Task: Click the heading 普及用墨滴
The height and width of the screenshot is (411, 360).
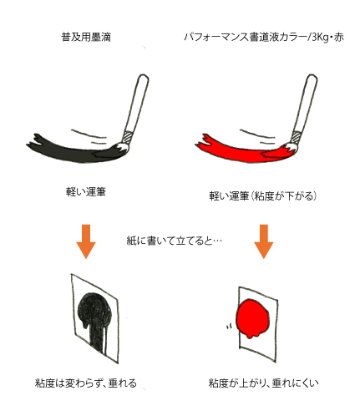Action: tap(86, 38)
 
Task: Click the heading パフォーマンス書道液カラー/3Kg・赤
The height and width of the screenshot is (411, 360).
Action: tap(264, 38)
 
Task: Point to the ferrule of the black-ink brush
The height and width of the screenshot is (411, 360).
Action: tap(129, 137)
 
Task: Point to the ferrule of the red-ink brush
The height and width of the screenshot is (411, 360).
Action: tap(297, 137)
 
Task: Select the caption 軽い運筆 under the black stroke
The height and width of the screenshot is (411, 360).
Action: tap(86, 192)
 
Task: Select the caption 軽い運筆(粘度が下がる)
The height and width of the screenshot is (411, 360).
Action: tap(263, 196)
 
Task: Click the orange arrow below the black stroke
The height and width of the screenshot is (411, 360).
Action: tap(86, 241)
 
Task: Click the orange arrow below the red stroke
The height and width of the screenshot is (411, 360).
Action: tap(264, 241)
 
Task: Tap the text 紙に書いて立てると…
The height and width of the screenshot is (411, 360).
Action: tap(175, 241)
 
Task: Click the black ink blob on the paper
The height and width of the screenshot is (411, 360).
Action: tap(94, 309)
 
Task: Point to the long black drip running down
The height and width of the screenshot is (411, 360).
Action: tap(98, 337)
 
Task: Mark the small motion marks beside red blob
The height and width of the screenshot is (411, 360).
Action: tap(229, 327)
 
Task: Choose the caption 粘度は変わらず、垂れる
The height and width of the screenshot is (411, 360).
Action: tap(86, 383)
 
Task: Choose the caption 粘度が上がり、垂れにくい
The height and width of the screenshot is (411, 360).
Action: tap(263, 383)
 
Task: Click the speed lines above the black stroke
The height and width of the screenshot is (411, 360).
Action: tap(89, 137)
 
